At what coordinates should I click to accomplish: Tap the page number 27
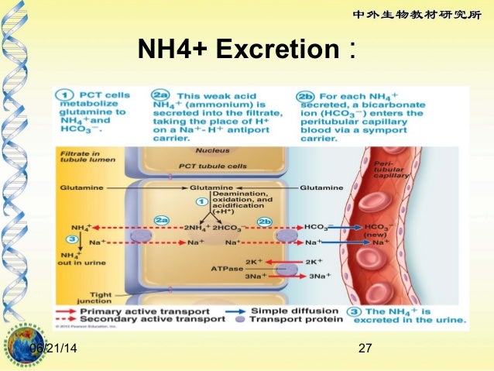(367, 350)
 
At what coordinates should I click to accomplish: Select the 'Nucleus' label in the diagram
(210, 150)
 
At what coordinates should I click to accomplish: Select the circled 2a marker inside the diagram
(161, 220)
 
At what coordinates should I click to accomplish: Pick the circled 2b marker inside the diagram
(265, 220)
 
